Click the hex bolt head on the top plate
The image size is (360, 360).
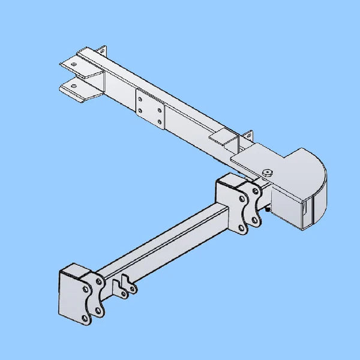(x=267, y=173)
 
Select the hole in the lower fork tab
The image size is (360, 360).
(x=73, y=86)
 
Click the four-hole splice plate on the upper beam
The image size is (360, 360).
(x=149, y=109)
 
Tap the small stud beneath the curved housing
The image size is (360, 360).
(x=268, y=209)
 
